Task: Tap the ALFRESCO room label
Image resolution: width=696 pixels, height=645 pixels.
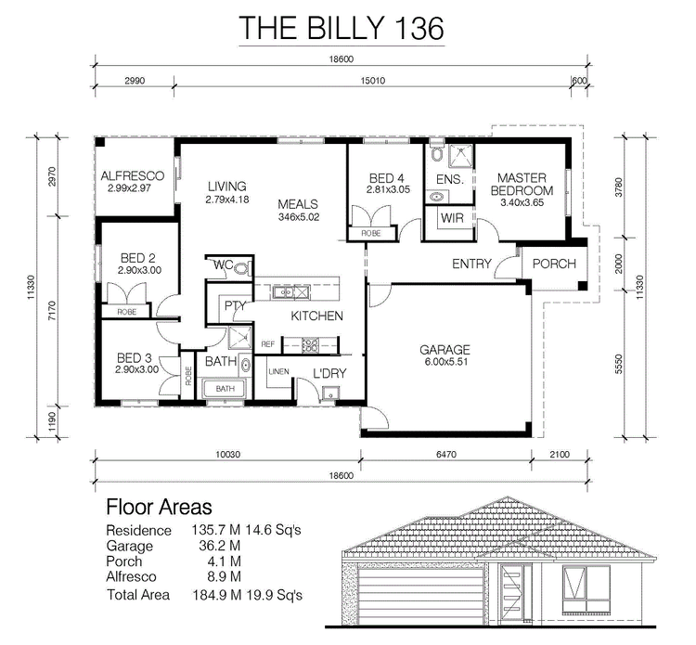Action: coord(133,175)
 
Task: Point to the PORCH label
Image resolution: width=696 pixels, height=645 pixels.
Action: coord(554,264)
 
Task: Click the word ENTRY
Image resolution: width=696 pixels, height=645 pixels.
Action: coord(471,264)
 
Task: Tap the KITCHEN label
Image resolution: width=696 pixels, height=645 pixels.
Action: coord(317,316)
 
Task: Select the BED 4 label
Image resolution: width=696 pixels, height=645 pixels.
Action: coord(386,178)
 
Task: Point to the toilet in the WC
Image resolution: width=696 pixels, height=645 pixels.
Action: coord(241,267)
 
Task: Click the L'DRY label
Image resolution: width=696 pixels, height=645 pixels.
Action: coord(329,373)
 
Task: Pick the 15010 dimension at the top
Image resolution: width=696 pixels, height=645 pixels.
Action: coord(372,81)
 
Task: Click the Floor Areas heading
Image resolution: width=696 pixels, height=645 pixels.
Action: coord(159,507)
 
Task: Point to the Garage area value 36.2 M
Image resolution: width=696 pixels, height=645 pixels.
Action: coord(216,546)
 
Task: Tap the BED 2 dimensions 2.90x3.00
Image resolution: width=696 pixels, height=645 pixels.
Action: coord(139,270)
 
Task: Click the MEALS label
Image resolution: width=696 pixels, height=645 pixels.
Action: coord(300,204)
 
